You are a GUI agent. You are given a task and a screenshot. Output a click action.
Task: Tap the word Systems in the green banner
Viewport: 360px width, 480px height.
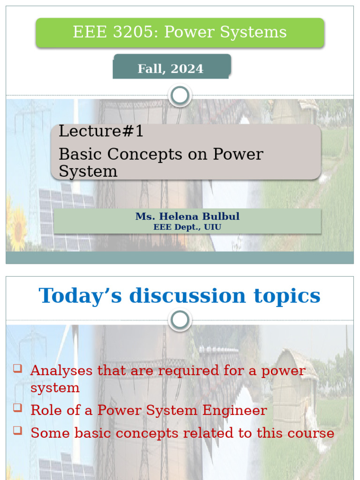257,32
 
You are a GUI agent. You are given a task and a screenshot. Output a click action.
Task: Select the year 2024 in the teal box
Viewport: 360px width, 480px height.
187,69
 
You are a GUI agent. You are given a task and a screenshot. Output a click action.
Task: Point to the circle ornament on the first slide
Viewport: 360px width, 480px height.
180,96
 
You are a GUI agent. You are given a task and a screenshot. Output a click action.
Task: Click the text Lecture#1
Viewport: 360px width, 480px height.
101,132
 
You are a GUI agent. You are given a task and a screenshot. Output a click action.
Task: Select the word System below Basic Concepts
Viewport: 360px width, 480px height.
88,172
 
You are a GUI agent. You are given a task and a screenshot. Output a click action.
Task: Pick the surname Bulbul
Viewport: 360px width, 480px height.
222,217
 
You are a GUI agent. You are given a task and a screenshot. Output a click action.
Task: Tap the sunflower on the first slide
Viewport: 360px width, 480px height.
18,228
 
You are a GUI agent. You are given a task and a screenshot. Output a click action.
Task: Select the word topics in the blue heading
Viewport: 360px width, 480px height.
286,296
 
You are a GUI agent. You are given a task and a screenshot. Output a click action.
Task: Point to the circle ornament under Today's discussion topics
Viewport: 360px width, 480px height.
180,321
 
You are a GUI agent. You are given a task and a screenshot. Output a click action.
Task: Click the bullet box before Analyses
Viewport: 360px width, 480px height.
18,368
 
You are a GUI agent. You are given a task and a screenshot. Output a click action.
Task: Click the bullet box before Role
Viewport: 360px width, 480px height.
18,408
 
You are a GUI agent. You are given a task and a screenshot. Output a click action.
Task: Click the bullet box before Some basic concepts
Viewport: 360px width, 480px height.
18,430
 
